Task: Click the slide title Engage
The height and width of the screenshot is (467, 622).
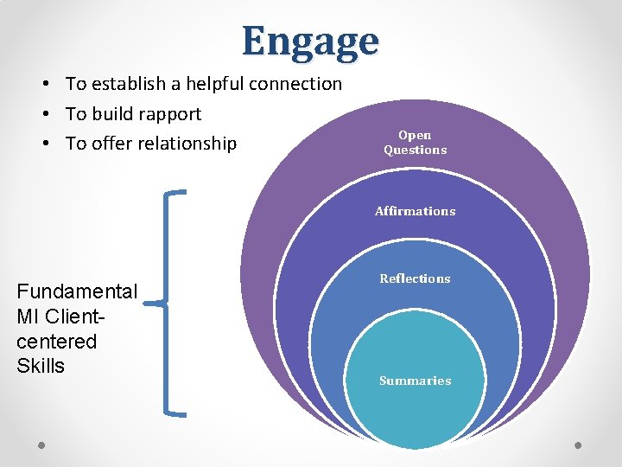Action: (310, 41)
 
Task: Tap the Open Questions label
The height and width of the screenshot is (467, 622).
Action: (416, 143)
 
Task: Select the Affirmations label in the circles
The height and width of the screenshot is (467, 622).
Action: (416, 211)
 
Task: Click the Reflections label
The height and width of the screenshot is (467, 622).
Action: (416, 278)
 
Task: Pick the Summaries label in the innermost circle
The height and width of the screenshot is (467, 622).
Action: (416, 381)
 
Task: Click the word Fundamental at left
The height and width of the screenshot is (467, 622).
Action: (77, 291)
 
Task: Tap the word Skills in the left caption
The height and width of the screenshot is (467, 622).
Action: (41, 366)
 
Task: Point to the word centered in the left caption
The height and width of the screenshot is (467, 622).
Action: (56, 341)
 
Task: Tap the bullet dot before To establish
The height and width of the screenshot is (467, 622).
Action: (42, 85)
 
